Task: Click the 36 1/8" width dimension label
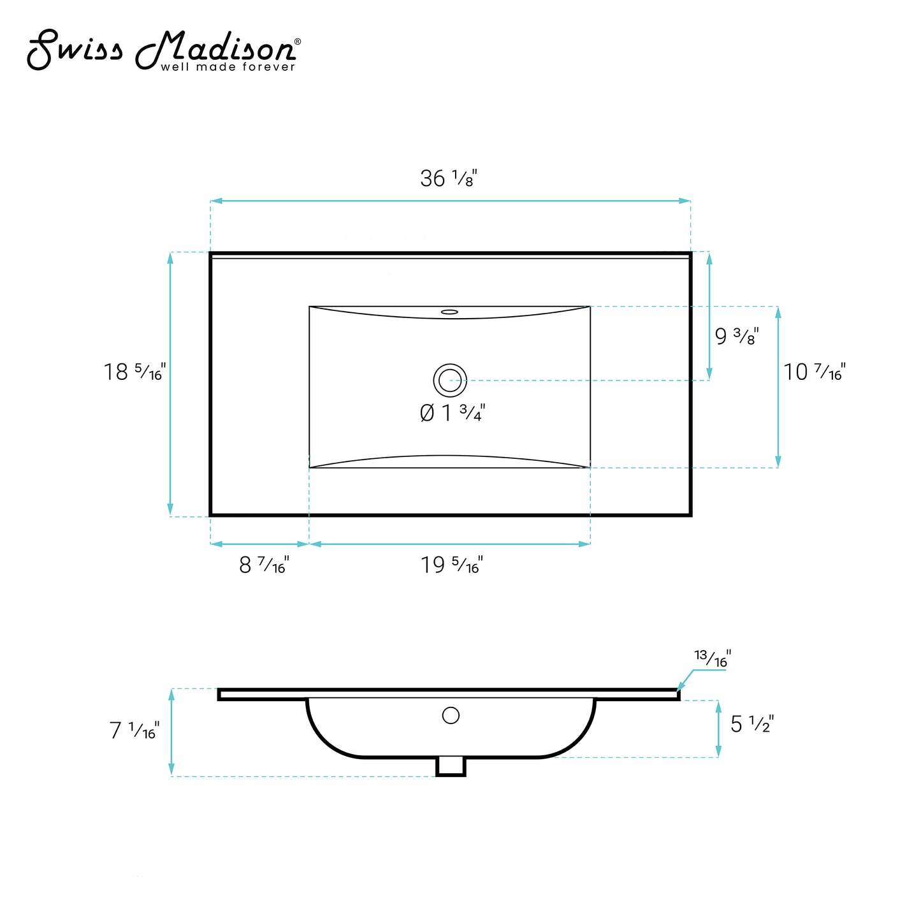[448, 178]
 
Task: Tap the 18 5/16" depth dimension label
[134, 372]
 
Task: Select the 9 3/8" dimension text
[737, 335]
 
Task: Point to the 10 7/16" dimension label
[815, 372]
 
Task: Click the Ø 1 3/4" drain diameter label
[452, 412]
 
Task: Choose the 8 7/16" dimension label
[264, 565]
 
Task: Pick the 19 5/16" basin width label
[452, 565]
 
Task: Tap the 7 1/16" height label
[134, 730]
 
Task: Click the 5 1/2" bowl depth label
[752, 724]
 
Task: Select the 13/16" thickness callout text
[712, 658]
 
